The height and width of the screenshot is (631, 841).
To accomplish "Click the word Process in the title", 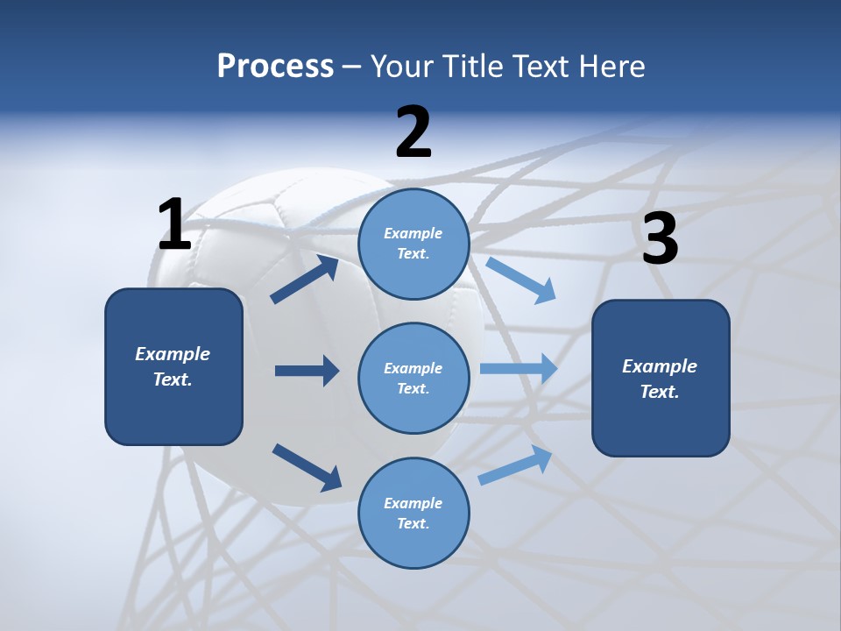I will click(x=275, y=67).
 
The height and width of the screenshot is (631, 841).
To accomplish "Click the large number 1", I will click(x=174, y=225).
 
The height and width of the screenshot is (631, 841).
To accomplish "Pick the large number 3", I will click(x=660, y=239).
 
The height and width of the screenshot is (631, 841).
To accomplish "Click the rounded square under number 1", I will click(x=173, y=366).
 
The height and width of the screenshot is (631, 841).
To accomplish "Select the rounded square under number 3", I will click(x=661, y=378).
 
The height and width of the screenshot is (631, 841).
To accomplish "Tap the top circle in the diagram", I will click(x=413, y=244).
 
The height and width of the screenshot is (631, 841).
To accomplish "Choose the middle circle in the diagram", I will click(x=413, y=378).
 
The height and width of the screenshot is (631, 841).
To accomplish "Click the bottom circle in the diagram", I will click(x=413, y=513).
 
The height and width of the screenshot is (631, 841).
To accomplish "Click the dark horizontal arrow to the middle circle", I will click(x=307, y=371).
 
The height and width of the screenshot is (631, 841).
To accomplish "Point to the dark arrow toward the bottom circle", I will click(x=307, y=466).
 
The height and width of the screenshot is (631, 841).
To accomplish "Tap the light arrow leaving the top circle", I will click(x=520, y=280).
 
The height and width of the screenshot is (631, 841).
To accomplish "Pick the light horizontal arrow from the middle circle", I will click(x=518, y=369).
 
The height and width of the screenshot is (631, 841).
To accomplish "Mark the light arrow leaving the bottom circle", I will click(x=515, y=465).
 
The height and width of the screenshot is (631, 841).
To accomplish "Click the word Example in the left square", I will click(x=173, y=354).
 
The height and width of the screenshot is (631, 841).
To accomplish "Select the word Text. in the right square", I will click(x=660, y=392).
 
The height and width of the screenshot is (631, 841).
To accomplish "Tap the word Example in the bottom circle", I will click(x=413, y=503).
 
